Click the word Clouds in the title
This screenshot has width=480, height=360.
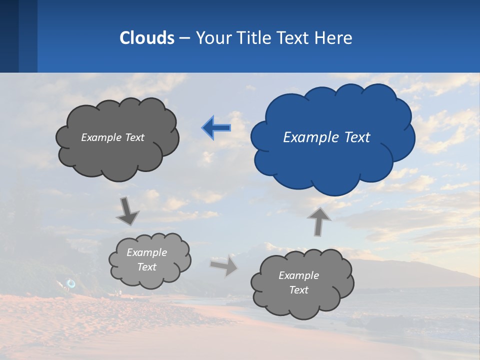[x=146, y=38]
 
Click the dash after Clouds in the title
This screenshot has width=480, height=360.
[x=184, y=38]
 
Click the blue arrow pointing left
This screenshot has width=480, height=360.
[x=216, y=128]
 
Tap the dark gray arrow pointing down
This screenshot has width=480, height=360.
[x=127, y=211]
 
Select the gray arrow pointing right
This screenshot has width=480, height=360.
[x=224, y=265]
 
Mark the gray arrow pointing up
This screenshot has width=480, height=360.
[x=319, y=221]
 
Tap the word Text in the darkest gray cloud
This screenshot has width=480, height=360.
[x=134, y=137]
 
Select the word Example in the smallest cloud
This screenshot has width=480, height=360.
[x=146, y=252]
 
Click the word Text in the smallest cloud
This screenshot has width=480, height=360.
[x=146, y=267]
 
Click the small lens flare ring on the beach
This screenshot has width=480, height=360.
[x=71, y=283]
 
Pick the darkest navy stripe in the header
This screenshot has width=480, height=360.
[x=9, y=36]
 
